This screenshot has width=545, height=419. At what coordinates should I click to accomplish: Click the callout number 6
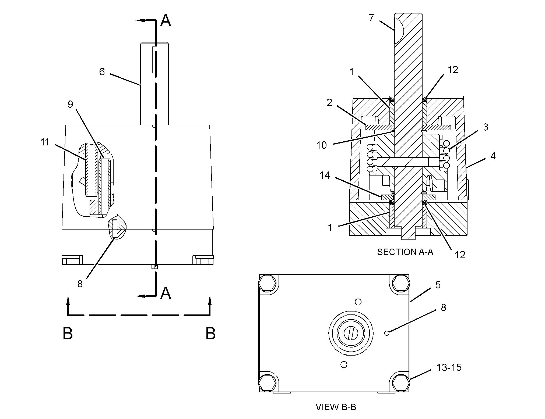click(x=102, y=72)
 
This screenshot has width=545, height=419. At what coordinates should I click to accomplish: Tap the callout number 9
click(x=70, y=104)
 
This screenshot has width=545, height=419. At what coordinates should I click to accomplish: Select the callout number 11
click(x=45, y=142)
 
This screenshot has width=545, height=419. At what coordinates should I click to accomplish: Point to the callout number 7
click(x=372, y=18)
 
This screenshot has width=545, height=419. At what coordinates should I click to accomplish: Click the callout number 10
click(x=321, y=145)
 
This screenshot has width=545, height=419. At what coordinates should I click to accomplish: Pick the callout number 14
click(x=325, y=176)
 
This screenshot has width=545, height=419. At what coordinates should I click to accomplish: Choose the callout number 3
click(x=485, y=127)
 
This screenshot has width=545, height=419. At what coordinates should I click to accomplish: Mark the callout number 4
click(x=493, y=156)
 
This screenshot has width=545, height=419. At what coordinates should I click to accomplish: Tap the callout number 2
click(x=329, y=102)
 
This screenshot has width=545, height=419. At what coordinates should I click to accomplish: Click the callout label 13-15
click(x=449, y=367)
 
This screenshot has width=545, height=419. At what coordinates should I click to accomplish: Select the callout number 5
click(x=438, y=285)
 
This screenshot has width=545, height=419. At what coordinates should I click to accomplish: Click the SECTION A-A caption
click(x=405, y=252)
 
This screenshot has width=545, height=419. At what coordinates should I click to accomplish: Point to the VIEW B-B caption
click(x=336, y=407)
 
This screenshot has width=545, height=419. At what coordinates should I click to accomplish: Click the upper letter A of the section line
click(x=166, y=21)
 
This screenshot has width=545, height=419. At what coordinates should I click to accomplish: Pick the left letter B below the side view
click(x=68, y=333)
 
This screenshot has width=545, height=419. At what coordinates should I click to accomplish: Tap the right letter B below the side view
click(x=210, y=333)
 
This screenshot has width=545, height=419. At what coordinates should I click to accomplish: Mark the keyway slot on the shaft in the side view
click(x=154, y=60)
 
